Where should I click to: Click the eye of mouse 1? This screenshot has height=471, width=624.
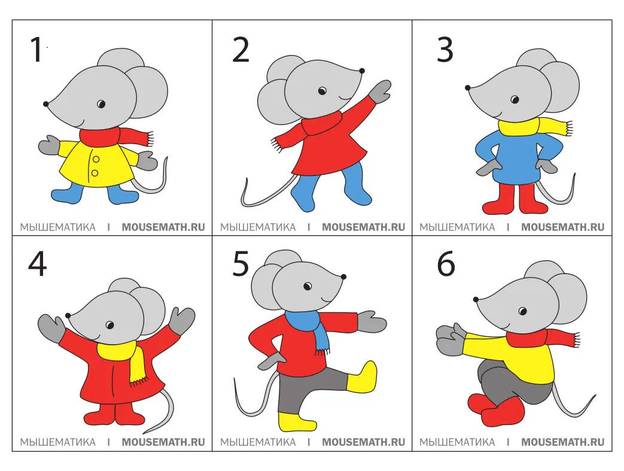click(x=101, y=104)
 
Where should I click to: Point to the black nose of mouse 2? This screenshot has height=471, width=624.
click(x=362, y=71)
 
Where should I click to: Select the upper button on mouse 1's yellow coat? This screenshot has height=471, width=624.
click(x=96, y=159)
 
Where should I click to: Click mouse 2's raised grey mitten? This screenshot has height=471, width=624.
click(x=380, y=92)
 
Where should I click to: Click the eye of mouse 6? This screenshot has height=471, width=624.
click(x=522, y=311)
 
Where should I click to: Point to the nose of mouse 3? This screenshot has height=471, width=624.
click(x=468, y=87)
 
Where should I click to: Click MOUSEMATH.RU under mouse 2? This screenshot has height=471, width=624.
click(x=363, y=227)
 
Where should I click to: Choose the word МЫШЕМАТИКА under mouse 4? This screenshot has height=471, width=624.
click(x=57, y=442)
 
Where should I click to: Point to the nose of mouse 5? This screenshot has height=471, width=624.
click(x=343, y=276)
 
